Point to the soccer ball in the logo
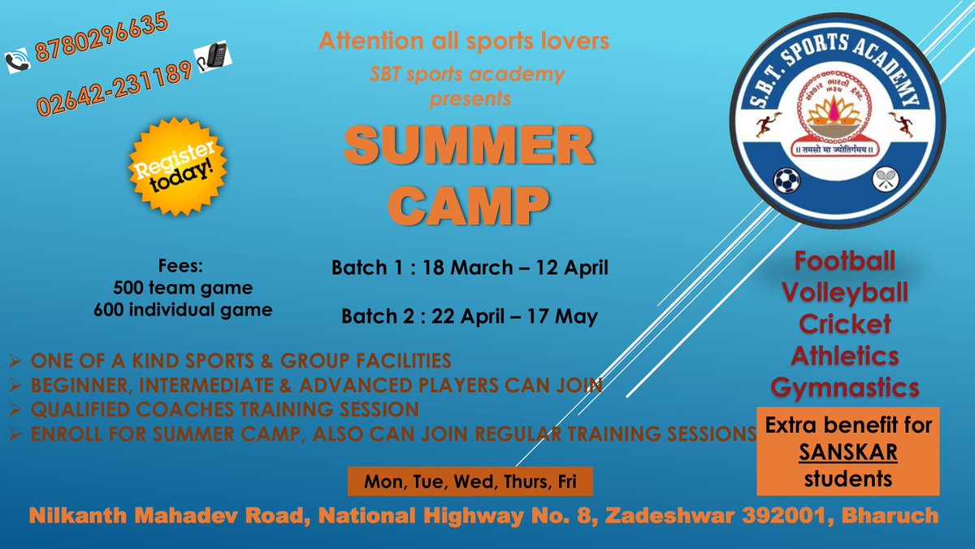pos(786,179)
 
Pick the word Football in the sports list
pos(845,262)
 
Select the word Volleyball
pos(845,292)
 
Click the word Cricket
pos(845,324)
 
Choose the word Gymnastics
pos(845,387)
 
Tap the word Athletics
pos(845,355)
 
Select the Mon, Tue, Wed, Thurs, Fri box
pos(470,481)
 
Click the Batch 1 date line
pos(470,267)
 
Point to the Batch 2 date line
pos(470,316)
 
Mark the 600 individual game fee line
pos(183,309)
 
